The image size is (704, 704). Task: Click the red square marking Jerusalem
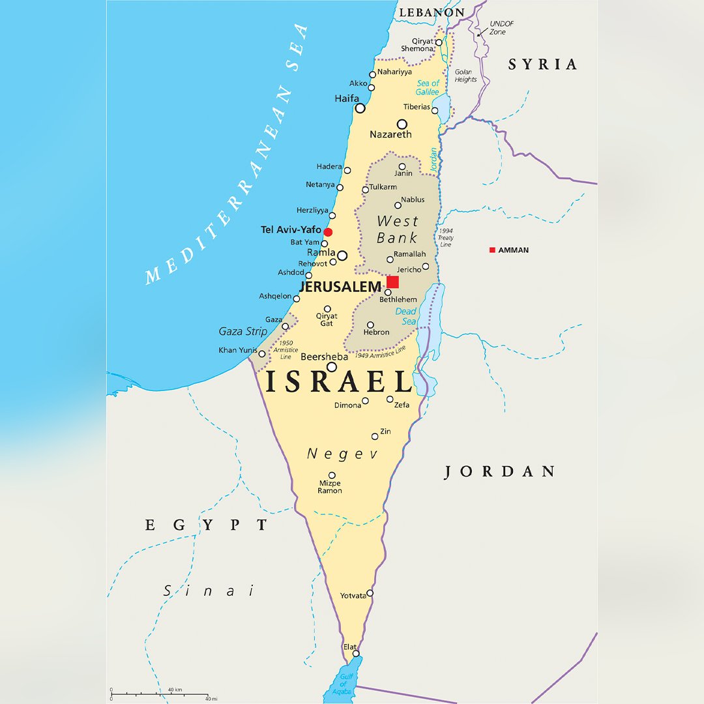point(392,282)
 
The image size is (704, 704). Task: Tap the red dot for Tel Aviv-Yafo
point(328,232)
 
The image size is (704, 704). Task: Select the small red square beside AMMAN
point(492,250)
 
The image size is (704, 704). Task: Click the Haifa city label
point(347,98)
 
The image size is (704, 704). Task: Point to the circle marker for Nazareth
point(402,124)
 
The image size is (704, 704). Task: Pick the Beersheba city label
point(324,357)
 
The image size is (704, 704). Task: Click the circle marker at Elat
point(356,653)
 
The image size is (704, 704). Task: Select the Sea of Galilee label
point(428,87)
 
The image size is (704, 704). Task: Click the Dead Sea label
point(406,316)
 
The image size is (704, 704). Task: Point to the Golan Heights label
point(465,76)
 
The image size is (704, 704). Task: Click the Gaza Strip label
point(243,331)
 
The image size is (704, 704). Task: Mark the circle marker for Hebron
point(370,325)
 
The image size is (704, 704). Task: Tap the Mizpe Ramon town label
point(330,487)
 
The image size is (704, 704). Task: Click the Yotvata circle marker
point(370,593)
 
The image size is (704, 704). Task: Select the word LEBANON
point(432,12)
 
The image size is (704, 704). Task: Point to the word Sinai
point(209,591)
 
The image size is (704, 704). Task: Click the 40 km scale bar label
point(174,690)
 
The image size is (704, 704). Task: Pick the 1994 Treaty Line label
point(446,238)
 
